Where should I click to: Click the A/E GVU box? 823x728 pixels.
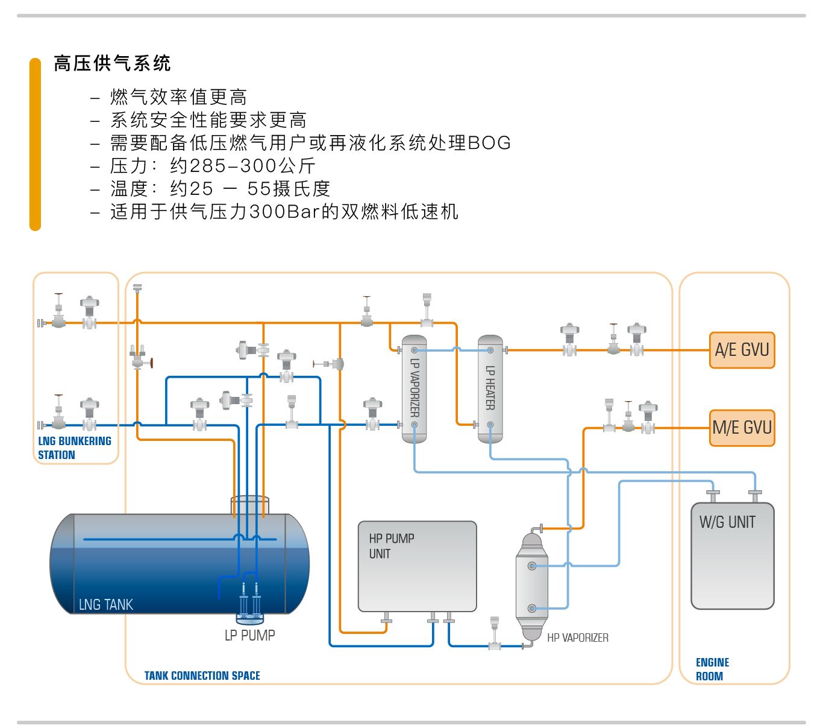[742, 350]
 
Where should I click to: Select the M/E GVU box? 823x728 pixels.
[742, 428]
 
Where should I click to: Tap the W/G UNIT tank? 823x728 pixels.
[732, 555]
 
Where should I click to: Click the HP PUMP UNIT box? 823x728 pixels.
[417, 566]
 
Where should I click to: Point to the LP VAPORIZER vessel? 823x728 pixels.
[414, 389]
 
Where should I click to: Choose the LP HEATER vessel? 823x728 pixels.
[490, 389]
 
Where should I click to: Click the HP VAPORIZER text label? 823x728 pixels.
[577, 638]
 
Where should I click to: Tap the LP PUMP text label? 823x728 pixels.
[249, 635]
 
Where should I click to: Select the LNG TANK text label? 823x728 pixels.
[105, 604]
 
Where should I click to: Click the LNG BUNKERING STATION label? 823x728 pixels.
[74, 448]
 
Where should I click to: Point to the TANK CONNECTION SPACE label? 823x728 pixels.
[202, 676]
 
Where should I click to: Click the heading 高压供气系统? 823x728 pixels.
[112, 63]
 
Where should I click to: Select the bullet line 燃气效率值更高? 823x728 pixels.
[178, 97]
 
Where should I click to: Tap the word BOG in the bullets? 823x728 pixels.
[489, 143]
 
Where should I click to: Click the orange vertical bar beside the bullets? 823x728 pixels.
[35, 144]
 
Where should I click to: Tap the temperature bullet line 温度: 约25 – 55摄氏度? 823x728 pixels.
[220, 189]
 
